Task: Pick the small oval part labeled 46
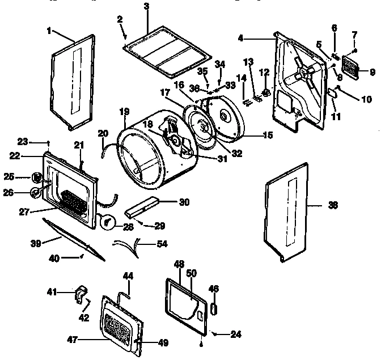point(214,308)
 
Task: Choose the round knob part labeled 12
point(264,88)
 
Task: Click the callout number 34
point(219,63)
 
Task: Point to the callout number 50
point(192,273)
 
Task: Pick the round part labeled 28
point(107,222)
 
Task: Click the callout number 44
point(129,276)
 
